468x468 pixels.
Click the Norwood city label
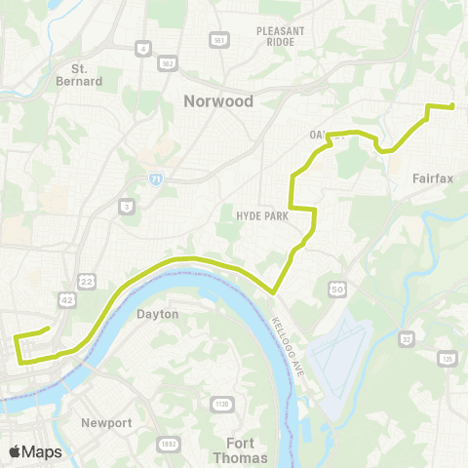(218, 101)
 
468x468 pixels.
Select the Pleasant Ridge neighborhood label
(282, 37)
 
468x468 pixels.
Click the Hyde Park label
(262, 216)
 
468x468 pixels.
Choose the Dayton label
(157, 314)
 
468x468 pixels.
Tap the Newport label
(107, 423)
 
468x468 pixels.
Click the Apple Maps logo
(36, 451)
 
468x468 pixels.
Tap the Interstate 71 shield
(157, 179)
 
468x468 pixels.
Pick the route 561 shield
(218, 39)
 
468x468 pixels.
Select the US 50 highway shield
(338, 290)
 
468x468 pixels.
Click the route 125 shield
(448, 360)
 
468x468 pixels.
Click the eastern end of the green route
(453, 106)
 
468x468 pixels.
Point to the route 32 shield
(405, 339)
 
